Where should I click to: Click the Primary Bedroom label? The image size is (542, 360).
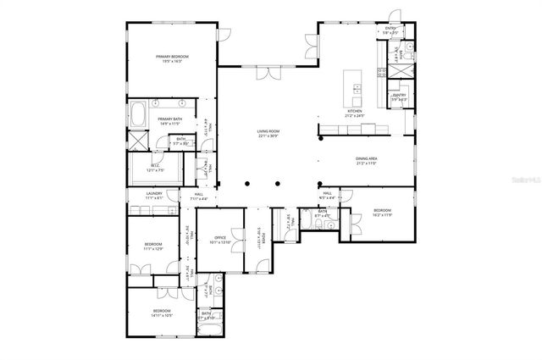point(172,58)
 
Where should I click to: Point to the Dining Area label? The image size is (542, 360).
point(366,160)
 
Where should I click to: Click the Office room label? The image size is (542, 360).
point(219,240)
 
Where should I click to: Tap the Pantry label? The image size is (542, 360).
point(399,97)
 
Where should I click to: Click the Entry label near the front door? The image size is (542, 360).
point(390,29)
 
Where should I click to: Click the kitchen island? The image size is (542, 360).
point(351,86)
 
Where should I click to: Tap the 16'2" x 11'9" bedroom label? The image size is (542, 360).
point(382,212)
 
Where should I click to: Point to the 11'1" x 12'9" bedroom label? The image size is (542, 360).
point(152,246)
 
